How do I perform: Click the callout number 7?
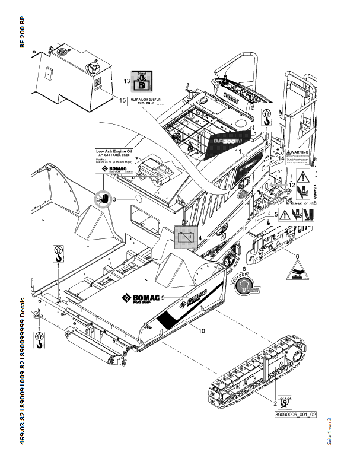pos(113,176)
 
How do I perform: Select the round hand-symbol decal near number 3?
pos(103,198)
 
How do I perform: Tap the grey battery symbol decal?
pos(184,236)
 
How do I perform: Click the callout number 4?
pos(201,238)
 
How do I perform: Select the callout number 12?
pos(292,185)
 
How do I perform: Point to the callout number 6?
pos(297,256)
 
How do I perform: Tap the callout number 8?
pos(244,269)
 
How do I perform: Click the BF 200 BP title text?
pos(23,33)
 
